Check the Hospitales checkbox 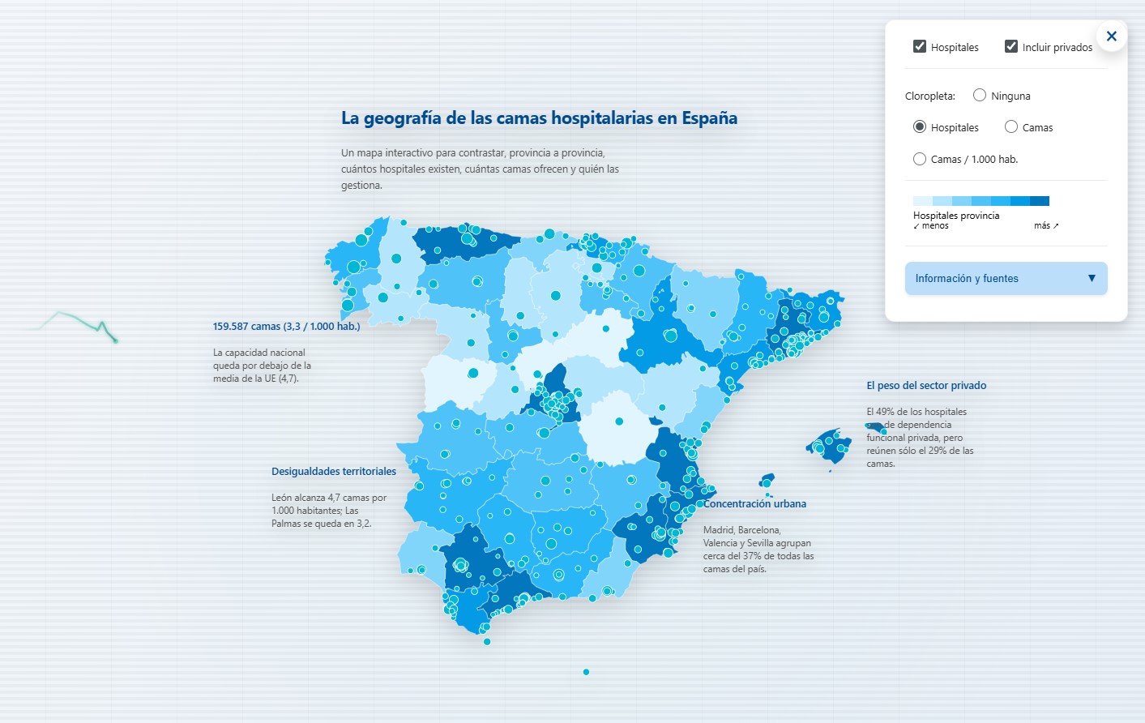[920, 46]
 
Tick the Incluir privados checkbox [1011, 46]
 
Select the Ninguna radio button [980, 95]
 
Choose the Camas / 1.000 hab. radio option [920, 159]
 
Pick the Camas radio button [1011, 126]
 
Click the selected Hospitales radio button [920, 126]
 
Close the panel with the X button [1111, 36]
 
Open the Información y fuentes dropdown [1006, 278]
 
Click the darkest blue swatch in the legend [1040, 201]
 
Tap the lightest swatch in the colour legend [923, 201]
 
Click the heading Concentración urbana [754, 503]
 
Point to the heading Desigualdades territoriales [334, 471]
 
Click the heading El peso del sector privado [926, 385]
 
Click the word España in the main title [709, 118]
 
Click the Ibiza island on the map [766, 481]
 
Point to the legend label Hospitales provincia [956, 216]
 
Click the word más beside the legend [1042, 225]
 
